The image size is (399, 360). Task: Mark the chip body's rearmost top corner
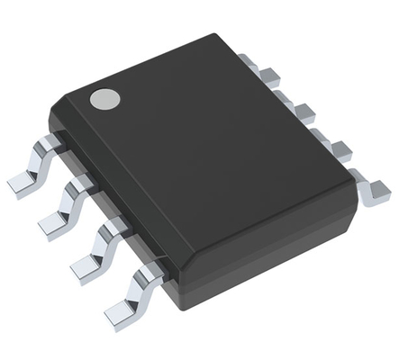216,36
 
